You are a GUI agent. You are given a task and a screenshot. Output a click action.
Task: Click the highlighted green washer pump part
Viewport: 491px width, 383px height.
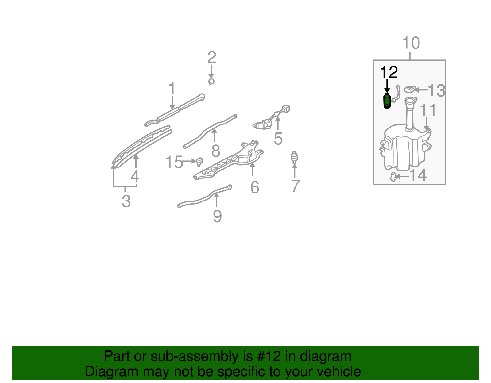[387, 101]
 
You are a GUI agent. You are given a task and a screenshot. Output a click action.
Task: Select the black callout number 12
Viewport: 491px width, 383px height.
[389, 73]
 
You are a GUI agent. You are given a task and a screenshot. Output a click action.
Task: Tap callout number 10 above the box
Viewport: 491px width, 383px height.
[411, 43]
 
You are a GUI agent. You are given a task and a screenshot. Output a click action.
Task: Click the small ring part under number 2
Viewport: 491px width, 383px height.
[211, 81]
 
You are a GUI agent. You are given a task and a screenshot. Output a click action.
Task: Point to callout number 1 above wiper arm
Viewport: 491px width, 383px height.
[172, 88]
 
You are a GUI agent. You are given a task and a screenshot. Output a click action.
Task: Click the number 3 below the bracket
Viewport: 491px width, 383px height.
[126, 201]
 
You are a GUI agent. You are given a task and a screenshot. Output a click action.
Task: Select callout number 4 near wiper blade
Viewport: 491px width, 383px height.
[135, 176]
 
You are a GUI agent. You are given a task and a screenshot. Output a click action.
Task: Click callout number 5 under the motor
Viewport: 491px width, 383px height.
[278, 139]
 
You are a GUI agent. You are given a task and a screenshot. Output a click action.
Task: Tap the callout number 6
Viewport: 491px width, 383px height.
[255, 187]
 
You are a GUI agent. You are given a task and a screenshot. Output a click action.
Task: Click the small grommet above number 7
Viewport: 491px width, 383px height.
[294, 157]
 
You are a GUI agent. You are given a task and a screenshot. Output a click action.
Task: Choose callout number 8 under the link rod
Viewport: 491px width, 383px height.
[216, 151]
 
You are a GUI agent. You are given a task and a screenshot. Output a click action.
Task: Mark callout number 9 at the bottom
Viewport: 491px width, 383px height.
[217, 216]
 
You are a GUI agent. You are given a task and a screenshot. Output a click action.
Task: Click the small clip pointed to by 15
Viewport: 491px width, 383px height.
[200, 161]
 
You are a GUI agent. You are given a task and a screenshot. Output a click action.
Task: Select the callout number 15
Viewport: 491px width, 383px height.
[174, 162]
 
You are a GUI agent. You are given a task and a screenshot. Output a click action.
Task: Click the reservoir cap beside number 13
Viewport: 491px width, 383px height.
[409, 89]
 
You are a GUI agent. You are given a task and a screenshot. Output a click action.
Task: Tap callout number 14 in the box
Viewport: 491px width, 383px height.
[418, 175]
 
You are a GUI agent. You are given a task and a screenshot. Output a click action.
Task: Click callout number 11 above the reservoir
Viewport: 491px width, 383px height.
[428, 110]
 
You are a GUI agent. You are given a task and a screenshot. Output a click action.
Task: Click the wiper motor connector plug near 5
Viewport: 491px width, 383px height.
[286, 109]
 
